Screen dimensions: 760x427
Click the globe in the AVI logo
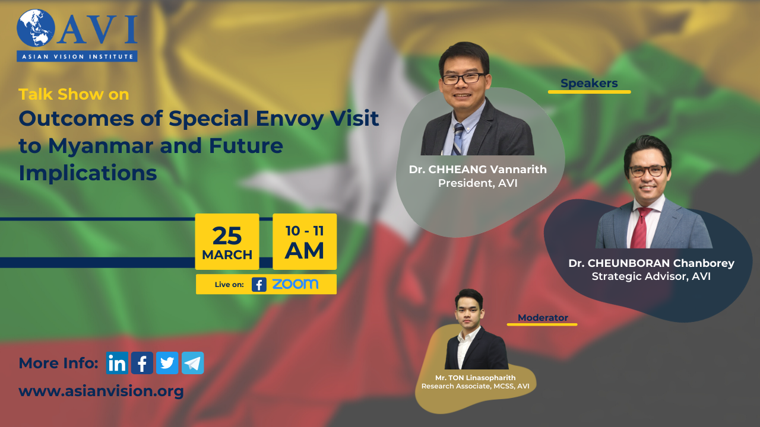tap(36, 28)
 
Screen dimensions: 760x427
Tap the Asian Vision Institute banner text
tap(77, 56)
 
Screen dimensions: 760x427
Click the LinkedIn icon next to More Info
tap(117, 363)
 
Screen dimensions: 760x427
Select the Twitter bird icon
tap(167, 363)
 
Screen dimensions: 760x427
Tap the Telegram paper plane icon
tap(193, 363)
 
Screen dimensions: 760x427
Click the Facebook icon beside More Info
tap(142, 363)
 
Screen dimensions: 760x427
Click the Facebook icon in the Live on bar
tap(259, 285)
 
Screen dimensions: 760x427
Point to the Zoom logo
tap(295, 284)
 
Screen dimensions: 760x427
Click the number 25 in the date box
tap(227, 236)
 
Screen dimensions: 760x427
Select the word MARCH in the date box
tap(227, 255)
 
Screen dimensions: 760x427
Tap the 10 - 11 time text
tap(305, 231)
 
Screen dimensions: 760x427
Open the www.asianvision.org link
tap(101, 391)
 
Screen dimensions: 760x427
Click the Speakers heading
tap(589, 83)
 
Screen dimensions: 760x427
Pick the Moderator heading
tap(543, 317)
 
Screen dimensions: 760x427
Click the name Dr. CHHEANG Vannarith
tap(478, 169)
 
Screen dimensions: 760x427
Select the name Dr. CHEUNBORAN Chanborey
tap(651, 263)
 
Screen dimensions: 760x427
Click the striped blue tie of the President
tap(458, 139)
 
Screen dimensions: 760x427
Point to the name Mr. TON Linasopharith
tap(476, 378)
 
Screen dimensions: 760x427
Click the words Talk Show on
tap(74, 94)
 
